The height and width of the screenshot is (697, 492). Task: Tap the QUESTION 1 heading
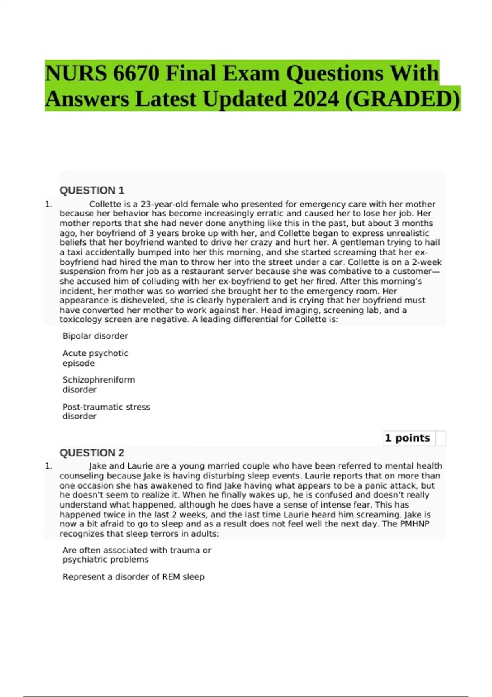tap(92, 190)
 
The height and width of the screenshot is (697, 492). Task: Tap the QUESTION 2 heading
tap(92, 453)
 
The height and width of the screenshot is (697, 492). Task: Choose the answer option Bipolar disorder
tap(95, 336)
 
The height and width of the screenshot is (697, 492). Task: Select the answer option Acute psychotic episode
tap(95, 358)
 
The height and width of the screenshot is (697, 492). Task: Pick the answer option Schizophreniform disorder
tap(98, 385)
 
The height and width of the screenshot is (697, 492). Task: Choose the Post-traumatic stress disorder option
tap(106, 411)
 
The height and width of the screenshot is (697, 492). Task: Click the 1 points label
tap(408, 438)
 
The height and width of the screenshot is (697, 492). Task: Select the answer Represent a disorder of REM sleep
tap(133, 576)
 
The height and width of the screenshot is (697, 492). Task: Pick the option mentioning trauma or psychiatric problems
tap(137, 555)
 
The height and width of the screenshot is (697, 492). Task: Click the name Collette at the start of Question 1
tap(105, 204)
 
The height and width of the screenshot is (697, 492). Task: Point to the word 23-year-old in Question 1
tap(164, 204)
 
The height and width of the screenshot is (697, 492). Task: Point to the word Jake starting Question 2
tap(98, 466)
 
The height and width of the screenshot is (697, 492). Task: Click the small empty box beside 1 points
tap(441, 438)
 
